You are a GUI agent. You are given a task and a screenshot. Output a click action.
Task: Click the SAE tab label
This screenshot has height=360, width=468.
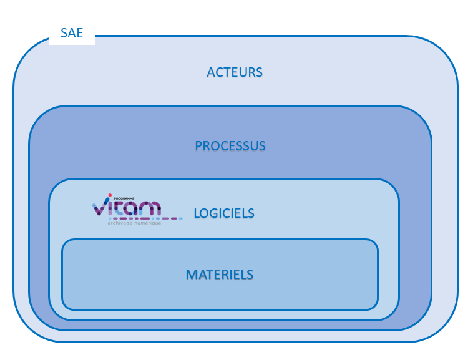(72, 34)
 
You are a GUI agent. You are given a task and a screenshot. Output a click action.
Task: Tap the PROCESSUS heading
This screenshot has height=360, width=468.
(230, 146)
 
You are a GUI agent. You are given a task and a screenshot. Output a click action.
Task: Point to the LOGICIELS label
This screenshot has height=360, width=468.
(224, 213)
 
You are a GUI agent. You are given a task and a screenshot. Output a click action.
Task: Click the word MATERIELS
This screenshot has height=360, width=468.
(220, 275)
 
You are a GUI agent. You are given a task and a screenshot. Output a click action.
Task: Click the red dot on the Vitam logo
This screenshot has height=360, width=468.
(110, 194)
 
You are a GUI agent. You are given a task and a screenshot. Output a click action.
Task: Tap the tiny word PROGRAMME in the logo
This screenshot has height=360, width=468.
(125, 198)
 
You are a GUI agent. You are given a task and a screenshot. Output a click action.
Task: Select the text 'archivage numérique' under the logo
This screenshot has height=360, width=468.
(134, 223)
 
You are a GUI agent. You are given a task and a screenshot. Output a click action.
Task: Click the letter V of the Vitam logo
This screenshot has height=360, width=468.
(100, 208)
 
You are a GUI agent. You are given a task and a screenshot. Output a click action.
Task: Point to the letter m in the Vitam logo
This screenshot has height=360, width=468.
(150, 208)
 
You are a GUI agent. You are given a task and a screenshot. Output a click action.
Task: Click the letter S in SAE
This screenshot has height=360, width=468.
(64, 34)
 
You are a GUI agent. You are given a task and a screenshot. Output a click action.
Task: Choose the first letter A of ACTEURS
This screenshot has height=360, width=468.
(211, 72)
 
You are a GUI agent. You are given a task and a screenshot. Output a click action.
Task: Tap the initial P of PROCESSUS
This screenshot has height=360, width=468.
(198, 146)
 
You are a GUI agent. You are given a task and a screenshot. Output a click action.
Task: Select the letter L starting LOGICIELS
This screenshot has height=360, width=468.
(197, 213)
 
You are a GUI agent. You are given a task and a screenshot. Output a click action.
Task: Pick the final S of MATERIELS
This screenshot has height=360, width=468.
(250, 275)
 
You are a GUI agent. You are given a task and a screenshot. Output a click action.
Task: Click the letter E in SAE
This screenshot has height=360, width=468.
(79, 34)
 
